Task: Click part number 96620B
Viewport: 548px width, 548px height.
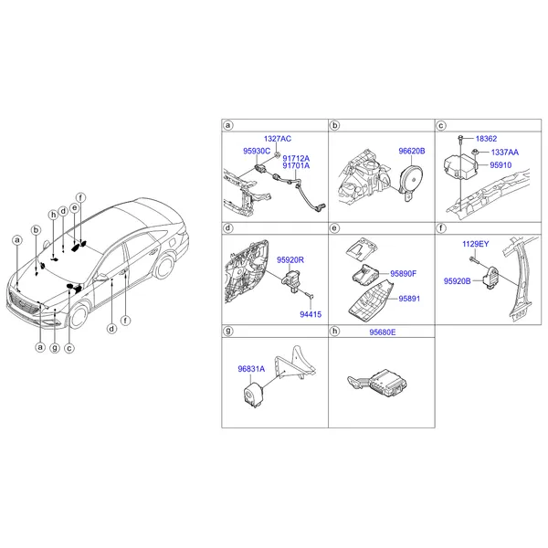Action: click(x=412, y=151)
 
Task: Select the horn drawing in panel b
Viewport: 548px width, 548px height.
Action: click(x=412, y=183)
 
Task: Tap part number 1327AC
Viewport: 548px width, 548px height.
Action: click(x=278, y=139)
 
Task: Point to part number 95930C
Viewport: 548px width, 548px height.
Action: click(x=257, y=151)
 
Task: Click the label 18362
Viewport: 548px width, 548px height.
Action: click(x=486, y=139)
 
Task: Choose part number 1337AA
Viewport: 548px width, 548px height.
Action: click(x=505, y=153)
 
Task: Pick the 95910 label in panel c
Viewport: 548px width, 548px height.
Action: click(x=501, y=165)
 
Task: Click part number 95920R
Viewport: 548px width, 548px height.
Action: click(x=290, y=260)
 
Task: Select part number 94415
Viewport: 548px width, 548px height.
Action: click(x=311, y=314)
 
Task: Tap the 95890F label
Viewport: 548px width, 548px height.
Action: click(x=404, y=274)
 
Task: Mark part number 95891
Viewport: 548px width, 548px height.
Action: click(x=409, y=299)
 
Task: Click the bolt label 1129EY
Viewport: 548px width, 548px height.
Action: click(x=475, y=244)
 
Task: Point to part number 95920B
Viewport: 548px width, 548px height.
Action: click(x=458, y=281)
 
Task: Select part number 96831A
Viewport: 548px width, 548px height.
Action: click(x=251, y=369)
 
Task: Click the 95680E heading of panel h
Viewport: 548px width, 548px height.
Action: click(x=383, y=332)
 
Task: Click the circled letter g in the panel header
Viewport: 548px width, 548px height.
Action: click(x=228, y=331)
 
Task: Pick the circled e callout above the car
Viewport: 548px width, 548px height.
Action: click(x=75, y=208)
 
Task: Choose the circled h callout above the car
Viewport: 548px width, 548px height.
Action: click(x=53, y=215)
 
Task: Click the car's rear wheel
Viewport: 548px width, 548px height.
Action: click(x=164, y=268)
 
